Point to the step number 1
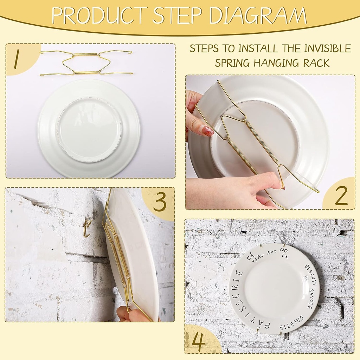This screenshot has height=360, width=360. (16, 59)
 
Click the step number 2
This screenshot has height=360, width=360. (341, 195)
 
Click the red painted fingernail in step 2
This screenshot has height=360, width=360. (208, 131)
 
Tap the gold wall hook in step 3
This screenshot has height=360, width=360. (86, 228)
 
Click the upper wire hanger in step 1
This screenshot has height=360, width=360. (86, 54)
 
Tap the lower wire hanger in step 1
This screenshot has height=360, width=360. (86, 72)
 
